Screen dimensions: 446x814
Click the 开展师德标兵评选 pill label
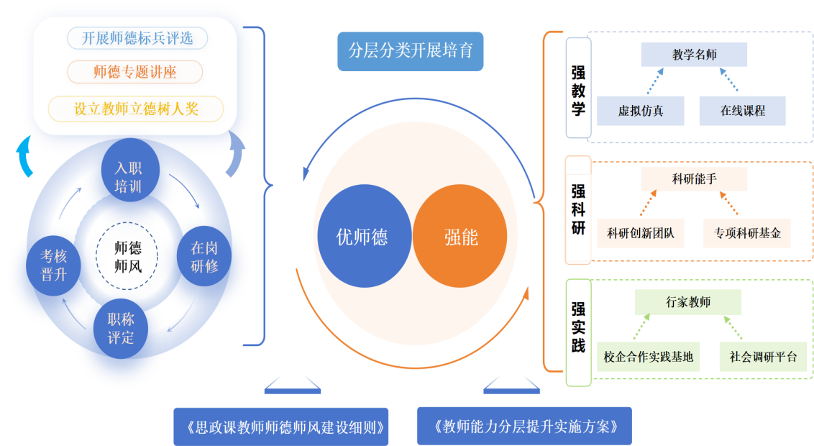click(137, 38)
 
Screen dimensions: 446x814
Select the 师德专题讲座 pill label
click(135, 72)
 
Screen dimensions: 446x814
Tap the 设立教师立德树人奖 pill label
click(136, 109)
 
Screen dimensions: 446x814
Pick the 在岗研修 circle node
click(204, 257)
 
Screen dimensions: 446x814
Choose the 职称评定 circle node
click(121, 329)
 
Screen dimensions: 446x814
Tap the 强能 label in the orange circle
click(461, 237)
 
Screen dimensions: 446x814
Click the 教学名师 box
click(694, 55)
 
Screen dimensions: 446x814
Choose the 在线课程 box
click(743, 111)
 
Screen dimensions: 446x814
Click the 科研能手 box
click(694, 179)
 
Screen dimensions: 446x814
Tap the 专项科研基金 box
click(747, 233)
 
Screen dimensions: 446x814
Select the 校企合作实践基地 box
click(649, 356)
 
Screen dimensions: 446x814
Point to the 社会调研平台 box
click(763, 356)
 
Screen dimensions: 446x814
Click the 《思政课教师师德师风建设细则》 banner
click(281, 427)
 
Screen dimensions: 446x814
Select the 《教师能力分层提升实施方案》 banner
click(525, 427)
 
